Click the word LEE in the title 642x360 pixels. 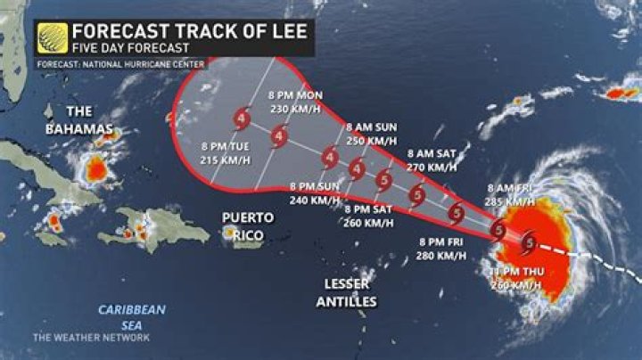(x=286, y=31)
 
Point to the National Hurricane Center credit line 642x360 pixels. (x=120, y=64)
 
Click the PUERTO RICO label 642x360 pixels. (x=248, y=223)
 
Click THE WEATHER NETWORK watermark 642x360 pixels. (x=92, y=337)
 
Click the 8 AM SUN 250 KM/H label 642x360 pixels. (x=371, y=134)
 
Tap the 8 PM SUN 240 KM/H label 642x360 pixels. (x=316, y=193)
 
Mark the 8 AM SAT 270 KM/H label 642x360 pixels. (x=432, y=160)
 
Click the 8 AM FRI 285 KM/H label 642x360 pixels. (x=512, y=194)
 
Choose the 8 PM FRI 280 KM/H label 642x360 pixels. (x=440, y=249)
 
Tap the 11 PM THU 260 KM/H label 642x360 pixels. (x=514, y=276)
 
